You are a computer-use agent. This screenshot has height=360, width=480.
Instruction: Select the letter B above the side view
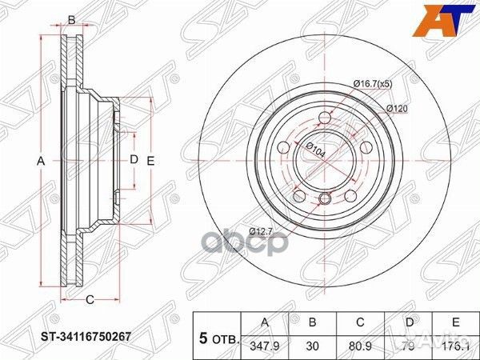pos(71,20)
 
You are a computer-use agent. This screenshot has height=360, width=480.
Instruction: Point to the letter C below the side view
pos(90,300)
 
